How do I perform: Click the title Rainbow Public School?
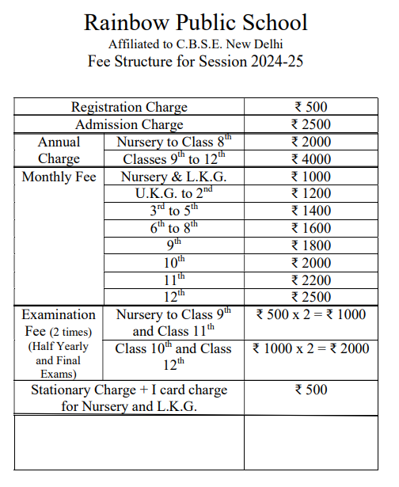pyautogui.click(x=196, y=21)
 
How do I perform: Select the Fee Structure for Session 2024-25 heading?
pyautogui.click(x=196, y=62)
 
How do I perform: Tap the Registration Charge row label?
pyautogui.click(x=129, y=107)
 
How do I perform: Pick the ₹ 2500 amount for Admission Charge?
pyautogui.click(x=310, y=124)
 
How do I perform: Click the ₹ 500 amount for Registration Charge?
pyautogui.click(x=310, y=107)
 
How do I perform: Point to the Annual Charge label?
pyautogui.click(x=59, y=150)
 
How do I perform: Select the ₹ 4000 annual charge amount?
pyautogui.click(x=310, y=159)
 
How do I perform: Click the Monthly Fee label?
pyautogui.click(x=59, y=177)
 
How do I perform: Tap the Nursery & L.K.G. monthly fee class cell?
pyautogui.click(x=173, y=177)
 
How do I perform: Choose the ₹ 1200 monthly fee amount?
pyautogui.click(x=310, y=194)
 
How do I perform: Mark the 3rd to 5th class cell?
pyautogui.click(x=173, y=211)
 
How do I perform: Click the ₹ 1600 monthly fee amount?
pyautogui.click(x=310, y=228)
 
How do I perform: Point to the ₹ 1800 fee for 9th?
pyautogui.click(x=310, y=245)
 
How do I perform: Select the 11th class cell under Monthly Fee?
pyautogui.click(x=173, y=280)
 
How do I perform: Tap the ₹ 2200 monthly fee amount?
pyautogui.click(x=310, y=280)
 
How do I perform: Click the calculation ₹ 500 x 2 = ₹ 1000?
pyautogui.click(x=310, y=314)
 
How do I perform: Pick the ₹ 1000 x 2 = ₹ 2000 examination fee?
pyautogui.click(x=310, y=348)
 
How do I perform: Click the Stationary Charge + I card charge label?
pyautogui.click(x=129, y=398)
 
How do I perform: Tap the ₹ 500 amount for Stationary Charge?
pyautogui.click(x=310, y=390)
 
